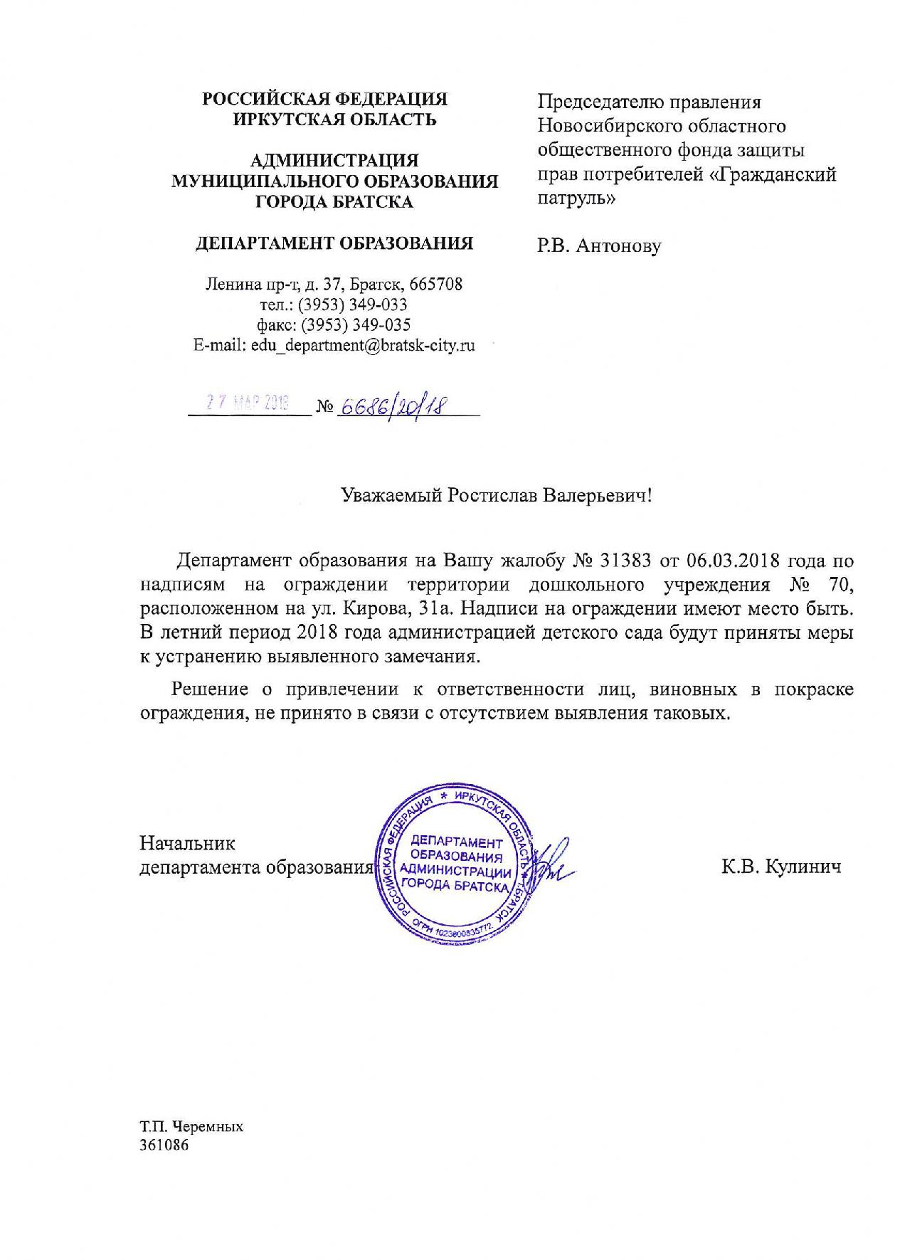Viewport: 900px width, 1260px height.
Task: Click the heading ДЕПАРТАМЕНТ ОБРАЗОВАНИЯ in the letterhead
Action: coord(334,244)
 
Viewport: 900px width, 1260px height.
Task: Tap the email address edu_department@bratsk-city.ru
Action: coord(363,346)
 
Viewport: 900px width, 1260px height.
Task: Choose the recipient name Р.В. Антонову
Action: coord(598,246)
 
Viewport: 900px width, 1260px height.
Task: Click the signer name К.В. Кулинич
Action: coord(780,867)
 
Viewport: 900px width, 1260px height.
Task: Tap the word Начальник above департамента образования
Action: coord(187,844)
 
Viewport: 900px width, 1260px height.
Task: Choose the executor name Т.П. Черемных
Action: coord(191,1127)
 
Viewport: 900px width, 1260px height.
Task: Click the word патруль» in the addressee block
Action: coord(576,198)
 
